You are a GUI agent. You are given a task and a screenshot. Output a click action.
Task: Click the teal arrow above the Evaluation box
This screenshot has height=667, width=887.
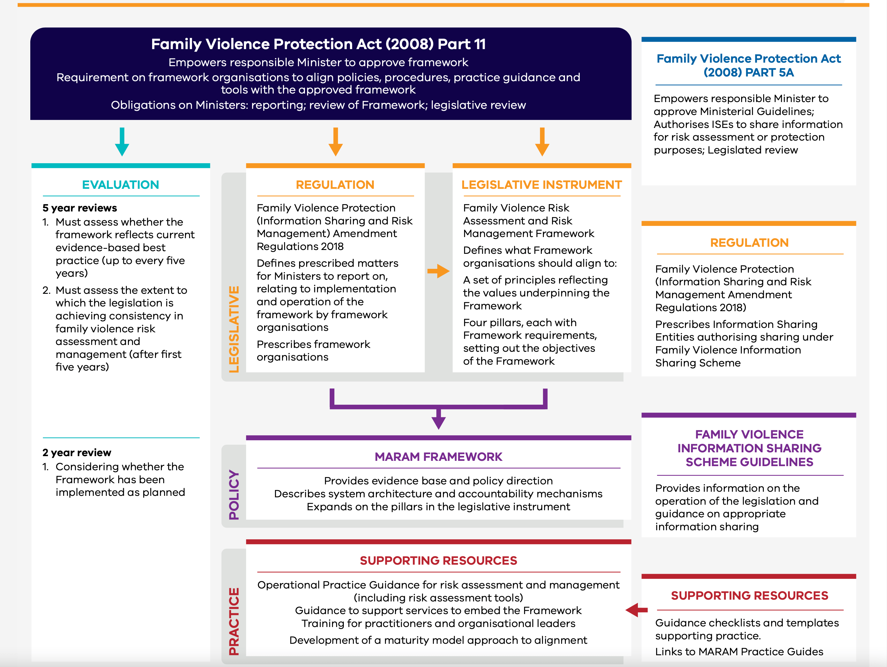click(x=122, y=141)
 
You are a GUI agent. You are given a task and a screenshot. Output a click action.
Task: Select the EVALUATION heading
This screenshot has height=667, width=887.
click(x=121, y=185)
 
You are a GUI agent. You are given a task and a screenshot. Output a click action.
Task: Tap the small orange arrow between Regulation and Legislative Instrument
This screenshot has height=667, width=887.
click(x=438, y=271)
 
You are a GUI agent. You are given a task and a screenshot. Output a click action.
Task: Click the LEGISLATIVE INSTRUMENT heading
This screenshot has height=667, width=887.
click(x=541, y=185)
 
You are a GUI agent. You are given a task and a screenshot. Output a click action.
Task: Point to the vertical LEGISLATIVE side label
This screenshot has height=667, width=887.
click(x=234, y=329)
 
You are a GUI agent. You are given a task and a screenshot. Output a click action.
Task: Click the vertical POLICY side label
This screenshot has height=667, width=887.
click(x=234, y=495)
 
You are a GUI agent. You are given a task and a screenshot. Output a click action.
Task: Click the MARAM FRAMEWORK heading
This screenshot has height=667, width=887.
click(x=438, y=457)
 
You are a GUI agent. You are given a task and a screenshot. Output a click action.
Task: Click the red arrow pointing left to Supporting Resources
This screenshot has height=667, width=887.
click(x=637, y=610)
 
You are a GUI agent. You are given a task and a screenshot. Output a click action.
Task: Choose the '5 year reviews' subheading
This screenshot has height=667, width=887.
click(x=80, y=208)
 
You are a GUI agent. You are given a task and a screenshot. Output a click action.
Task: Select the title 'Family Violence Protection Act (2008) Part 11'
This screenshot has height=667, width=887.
click(x=319, y=44)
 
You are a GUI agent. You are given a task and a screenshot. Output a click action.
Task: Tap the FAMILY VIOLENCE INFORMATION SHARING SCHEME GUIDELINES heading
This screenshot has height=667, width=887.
click(x=749, y=448)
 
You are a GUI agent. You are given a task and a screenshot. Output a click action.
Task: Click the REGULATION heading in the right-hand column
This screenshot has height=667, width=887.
click(x=749, y=243)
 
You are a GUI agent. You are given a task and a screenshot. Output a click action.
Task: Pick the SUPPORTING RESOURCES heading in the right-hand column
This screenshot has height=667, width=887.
click(x=749, y=596)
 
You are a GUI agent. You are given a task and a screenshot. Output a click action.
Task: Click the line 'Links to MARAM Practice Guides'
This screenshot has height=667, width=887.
click(x=739, y=652)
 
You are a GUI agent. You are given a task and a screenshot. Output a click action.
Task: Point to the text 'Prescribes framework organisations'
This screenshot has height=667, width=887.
click(x=314, y=351)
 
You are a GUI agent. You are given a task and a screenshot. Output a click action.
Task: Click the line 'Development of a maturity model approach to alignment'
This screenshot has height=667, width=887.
click(x=438, y=640)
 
